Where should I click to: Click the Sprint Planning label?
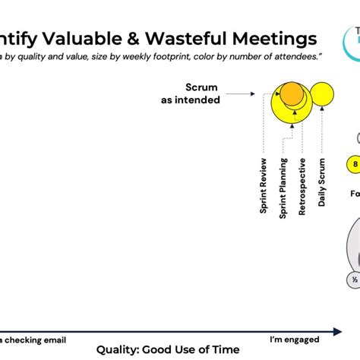(x=283, y=188)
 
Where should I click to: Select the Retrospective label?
(x=302, y=187)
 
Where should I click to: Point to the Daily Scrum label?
(x=322, y=182)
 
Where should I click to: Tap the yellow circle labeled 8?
(x=354, y=163)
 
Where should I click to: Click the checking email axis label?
(x=35, y=338)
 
